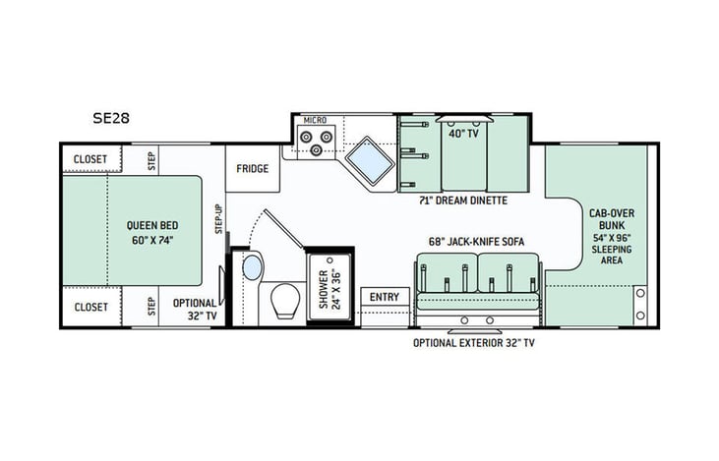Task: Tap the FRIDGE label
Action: [x=252, y=168]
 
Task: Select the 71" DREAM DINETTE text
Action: [x=462, y=200]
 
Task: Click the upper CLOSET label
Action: [x=90, y=159]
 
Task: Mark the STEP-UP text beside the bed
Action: [x=218, y=217]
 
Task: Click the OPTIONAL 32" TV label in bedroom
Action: [x=196, y=309]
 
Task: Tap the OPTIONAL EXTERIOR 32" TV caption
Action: [x=474, y=343]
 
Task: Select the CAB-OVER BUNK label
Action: [x=610, y=225]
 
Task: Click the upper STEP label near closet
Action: [x=151, y=160]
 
